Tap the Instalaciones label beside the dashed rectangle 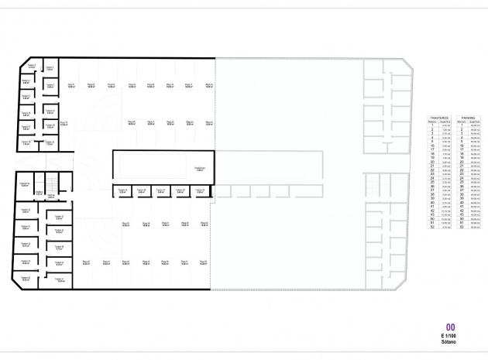199,168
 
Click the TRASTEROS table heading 439,118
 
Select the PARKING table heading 466,118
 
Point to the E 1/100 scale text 450,334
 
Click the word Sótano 450,341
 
